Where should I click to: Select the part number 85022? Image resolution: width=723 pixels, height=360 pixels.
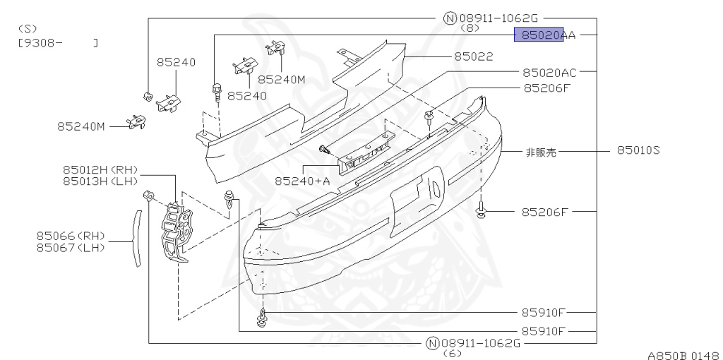[473, 56]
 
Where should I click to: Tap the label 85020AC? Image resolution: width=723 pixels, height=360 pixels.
[549, 72]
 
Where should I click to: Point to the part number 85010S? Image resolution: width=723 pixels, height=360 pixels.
[638, 150]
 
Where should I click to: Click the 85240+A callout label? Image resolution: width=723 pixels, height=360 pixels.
[302, 181]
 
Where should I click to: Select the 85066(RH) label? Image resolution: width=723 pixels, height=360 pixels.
[71, 236]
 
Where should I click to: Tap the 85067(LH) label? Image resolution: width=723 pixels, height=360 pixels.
[71, 247]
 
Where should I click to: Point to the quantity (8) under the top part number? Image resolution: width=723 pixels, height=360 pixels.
[470, 28]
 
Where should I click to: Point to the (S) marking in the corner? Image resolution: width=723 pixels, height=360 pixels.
[27, 29]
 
